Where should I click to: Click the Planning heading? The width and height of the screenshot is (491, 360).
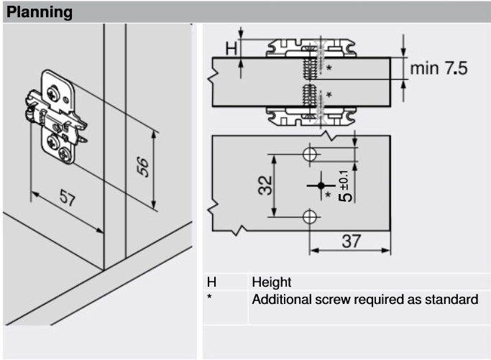(x=40, y=12)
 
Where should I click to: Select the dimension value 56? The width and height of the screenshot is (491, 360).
(x=144, y=167)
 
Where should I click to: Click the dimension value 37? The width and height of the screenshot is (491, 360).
(x=351, y=241)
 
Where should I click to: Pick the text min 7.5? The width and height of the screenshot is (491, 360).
(x=439, y=68)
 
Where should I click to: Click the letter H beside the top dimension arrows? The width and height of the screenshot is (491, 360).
(x=231, y=49)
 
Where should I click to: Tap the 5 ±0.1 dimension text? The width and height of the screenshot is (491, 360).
(x=345, y=186)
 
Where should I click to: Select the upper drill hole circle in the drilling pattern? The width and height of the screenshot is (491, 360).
(x=310, y=154)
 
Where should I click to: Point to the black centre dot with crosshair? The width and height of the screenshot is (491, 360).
(x=320, y=185)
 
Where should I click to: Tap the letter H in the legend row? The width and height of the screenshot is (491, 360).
(x=211, y=282)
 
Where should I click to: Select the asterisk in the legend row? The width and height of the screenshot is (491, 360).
(x=209, y=297)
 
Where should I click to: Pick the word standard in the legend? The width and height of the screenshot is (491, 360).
(x=453, y=299)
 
